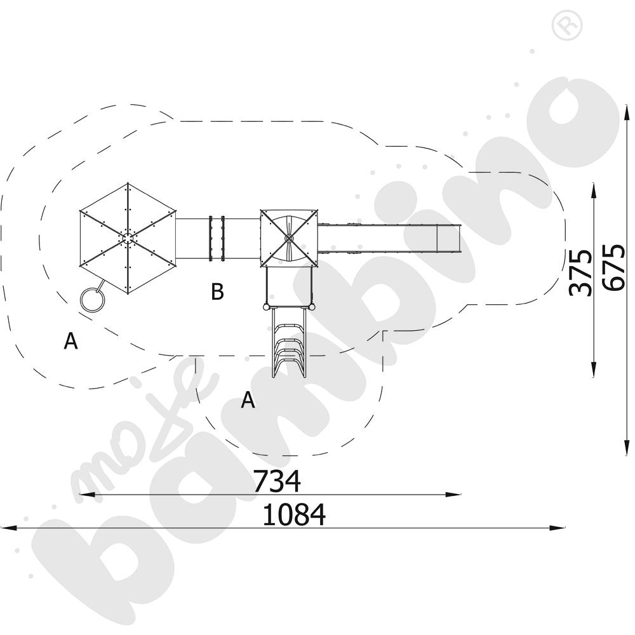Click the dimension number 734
[277, 481]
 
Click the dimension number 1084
[294, 515]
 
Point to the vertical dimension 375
[580, 273]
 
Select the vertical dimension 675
[613, 267]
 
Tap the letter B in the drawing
[217, 291]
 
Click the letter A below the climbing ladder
[248, 400]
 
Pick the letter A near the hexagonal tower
[71, 341]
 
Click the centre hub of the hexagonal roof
[128, 239]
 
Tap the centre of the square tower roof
[289, 239]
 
